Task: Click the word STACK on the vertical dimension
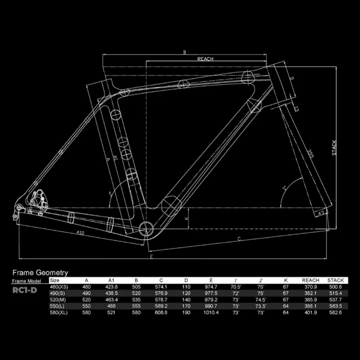point(334,148)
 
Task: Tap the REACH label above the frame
point(205,59)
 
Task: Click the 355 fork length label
point(310,153)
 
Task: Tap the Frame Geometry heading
point(40,273)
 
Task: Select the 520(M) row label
point(58,300)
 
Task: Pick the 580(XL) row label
point(59,312)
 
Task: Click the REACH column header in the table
point(311,280)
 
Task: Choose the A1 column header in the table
point(112,280)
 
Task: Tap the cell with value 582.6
point(335,312)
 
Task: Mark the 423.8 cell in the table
point(112,287)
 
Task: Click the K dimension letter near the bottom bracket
point(186,219)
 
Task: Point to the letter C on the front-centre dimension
point(239,238)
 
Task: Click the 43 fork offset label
point(321,213)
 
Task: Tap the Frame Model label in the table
point(26,281)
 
